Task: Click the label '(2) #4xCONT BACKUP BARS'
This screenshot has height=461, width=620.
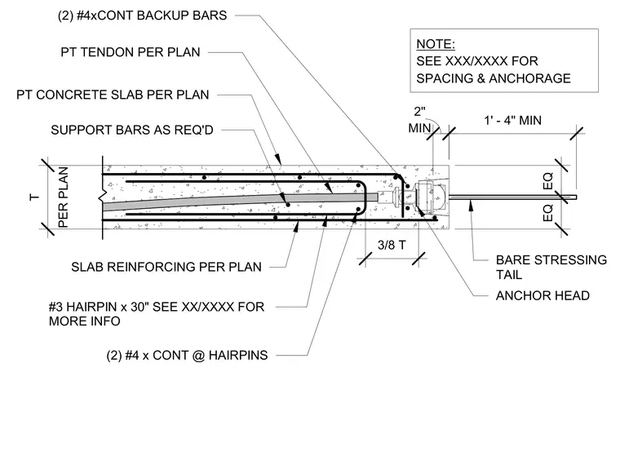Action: [142, 16]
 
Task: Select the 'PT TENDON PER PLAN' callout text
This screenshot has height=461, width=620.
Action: [131, 52]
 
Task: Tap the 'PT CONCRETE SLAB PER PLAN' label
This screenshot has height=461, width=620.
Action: [113, 95]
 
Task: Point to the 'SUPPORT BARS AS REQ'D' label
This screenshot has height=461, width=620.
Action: [132, 130]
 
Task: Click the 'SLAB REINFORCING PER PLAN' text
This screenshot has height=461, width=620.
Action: [166, 267]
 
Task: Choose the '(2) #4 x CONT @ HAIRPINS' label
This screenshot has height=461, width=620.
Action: [187, 356]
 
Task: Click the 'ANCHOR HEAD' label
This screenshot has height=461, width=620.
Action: [542, 295]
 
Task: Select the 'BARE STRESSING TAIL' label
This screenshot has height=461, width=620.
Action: [551, 268]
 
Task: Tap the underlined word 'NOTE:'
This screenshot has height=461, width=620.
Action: [436, 44]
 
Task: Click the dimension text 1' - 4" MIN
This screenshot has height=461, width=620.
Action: [513, 120]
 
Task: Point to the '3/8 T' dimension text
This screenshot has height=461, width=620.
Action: [392, 245]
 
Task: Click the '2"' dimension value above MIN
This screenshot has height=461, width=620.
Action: [419, 112]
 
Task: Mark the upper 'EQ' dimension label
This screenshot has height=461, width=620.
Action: [548, 180]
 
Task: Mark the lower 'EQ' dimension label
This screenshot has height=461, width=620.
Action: [548, 213]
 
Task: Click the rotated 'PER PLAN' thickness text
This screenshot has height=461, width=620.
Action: [64, 197]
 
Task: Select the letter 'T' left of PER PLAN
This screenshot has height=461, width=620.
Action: [35, 197]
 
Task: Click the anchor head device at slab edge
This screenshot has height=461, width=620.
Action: [430, 197]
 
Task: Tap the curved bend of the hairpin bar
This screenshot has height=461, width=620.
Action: [362, 197]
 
